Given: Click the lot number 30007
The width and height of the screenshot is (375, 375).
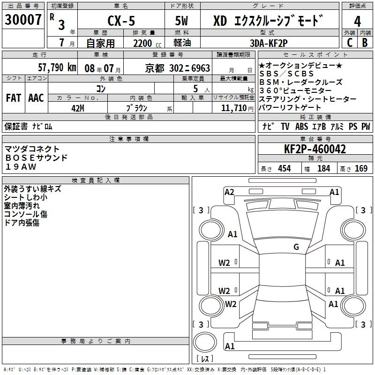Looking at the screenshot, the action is point(23,20).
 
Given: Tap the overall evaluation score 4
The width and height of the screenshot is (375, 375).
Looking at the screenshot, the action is point(358,22).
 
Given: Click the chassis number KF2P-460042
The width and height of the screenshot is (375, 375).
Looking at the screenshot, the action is point(315,150).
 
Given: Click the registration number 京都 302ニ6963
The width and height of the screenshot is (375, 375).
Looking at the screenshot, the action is point(178,67).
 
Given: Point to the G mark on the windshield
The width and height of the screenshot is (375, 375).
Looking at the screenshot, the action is point(296,247).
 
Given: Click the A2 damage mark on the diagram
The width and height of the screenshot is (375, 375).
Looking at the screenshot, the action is point(229,192).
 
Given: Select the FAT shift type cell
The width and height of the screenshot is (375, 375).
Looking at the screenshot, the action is point(14,97).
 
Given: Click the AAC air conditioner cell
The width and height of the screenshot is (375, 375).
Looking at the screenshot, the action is point(36,97).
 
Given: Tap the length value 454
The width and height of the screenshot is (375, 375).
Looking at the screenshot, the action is point(284,168).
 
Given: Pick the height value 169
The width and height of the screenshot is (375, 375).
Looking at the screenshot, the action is point(361,168).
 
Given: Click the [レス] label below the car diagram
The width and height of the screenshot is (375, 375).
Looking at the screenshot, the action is point(205,359).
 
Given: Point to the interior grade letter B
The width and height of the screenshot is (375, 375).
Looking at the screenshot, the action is point(365,42).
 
